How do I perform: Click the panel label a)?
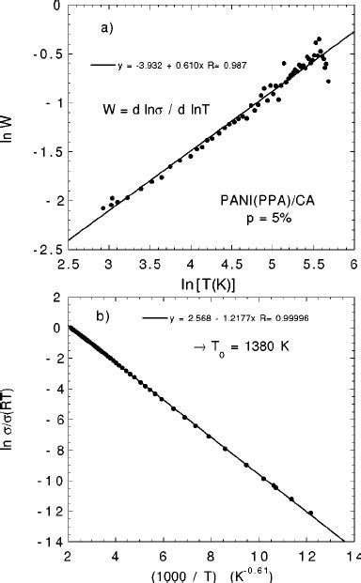(107, 29)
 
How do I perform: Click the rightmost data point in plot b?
(311, 513)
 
